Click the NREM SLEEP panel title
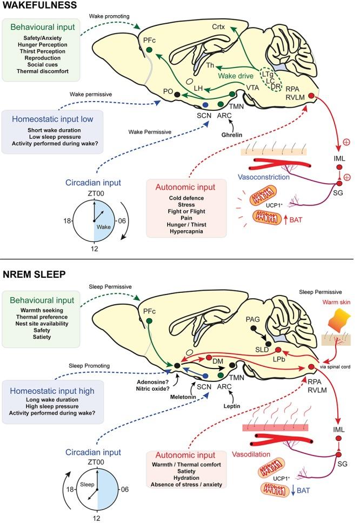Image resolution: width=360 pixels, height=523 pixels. tap(34, 274)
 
